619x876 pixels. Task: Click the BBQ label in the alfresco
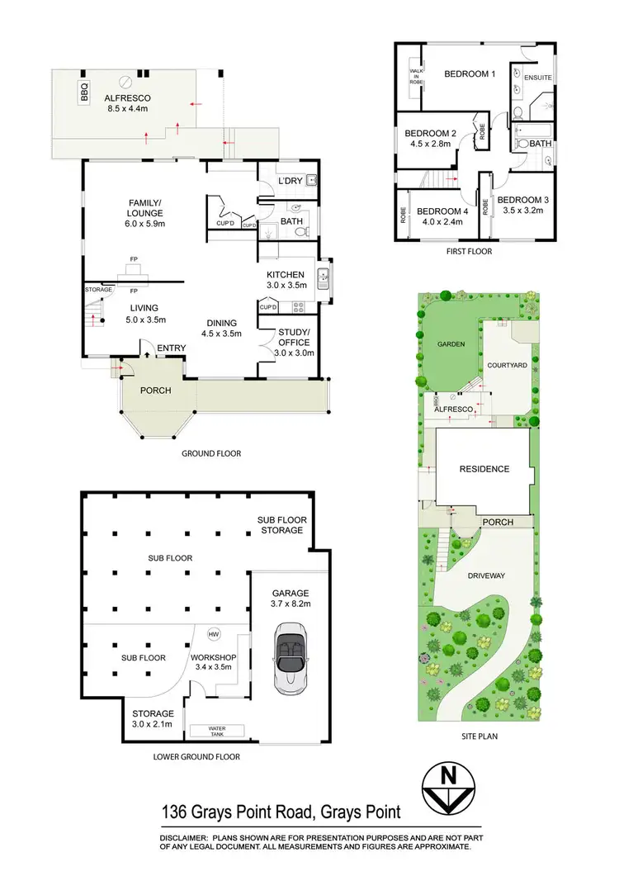click(x=84, y=92)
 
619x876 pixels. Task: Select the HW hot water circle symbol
click(x=214, y=634)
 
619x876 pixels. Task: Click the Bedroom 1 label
click(x=470, y=74)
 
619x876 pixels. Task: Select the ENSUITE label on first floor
click(x=536, y=78)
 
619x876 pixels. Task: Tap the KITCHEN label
click(x=286, y=275)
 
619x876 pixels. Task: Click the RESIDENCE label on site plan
click(x=484, y=469)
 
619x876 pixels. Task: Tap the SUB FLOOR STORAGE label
click(x=281, y=524)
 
